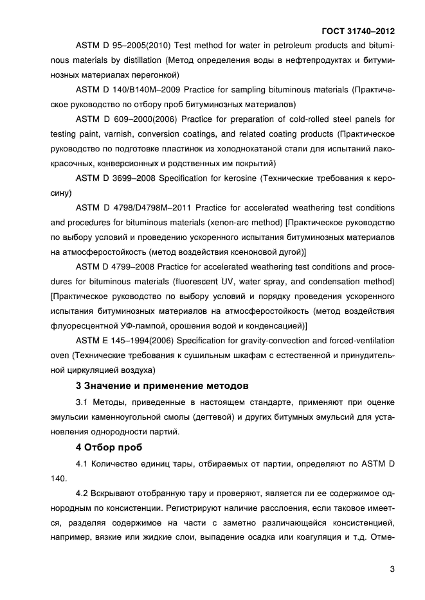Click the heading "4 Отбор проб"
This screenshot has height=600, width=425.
(107, 447)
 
